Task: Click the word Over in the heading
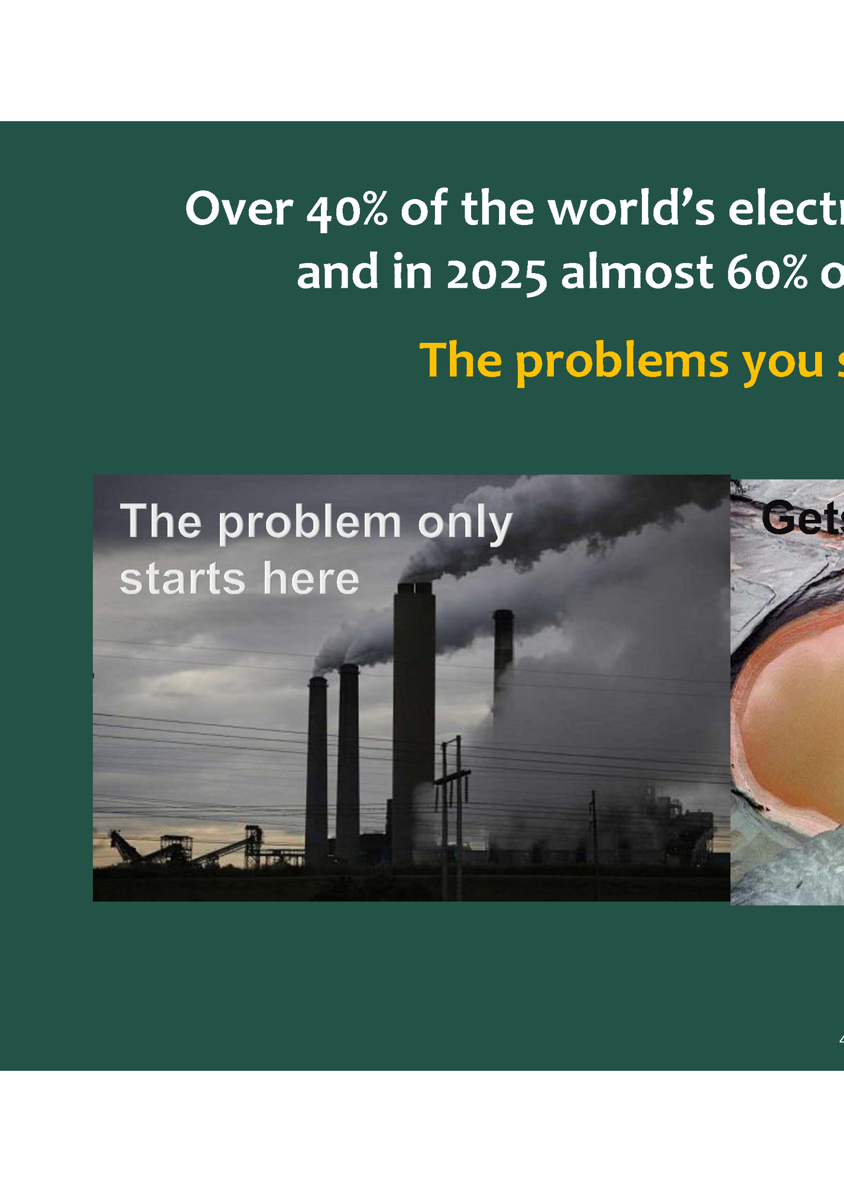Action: tap(239, 209)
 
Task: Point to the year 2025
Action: tap(496, 273)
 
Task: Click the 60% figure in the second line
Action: tap(767, 273)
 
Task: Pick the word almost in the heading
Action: tap(637, 273)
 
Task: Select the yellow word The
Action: tap(460, 360)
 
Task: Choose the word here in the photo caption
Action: tap(311, 578)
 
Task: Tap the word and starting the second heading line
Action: tap(337, 273)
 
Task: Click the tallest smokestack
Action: tap(414, 721)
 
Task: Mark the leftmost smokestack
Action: tap(317, 768)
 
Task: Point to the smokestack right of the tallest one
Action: tap(503, 650)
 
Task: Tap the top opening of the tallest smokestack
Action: tap(414, 587)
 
